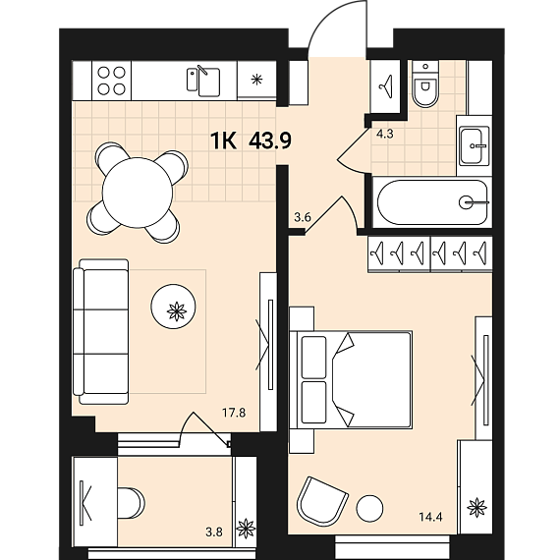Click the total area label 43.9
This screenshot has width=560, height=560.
pyautogui.click(x=270, y=140)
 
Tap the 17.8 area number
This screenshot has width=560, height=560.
pyautogui.click(x=234, y=413)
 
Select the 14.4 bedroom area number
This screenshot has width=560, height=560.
pyautogui.click(x=431, y=517)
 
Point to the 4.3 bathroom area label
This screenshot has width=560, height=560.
pyautogui.click(x=385, y=134)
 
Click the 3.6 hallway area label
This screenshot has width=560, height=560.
pyautogui.click(x=303, y=217)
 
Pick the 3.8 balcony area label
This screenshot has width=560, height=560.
pyautogui.click(x=214, y=532)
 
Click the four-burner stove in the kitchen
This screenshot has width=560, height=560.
pyautogui.click(x=111, y=81)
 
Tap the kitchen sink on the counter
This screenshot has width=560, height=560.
pyautogui.click(x=203, y=82)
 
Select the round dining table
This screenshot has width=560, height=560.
pyautogui.click(x=138, y=193)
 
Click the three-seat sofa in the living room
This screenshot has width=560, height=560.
pyautogui.click(x=101, y=331)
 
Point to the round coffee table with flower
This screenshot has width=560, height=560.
pyautogui.click(x=173, y=307)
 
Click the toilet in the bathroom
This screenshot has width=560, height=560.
pyautogui.click(x=425, y=84)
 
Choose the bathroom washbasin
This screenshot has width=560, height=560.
pyautogui.click(x=474, y=145)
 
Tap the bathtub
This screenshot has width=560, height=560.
pyautogui.click(x=432, y=202)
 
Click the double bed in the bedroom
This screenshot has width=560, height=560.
pyautogui.click(x=351, y=379)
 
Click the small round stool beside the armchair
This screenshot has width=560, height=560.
pyautogui.click(x=369, y=508)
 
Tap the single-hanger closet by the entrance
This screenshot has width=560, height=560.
pyautogui.click(x=385, y=85)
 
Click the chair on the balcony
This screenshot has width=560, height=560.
pyautogui.click(x=131, y=503)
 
